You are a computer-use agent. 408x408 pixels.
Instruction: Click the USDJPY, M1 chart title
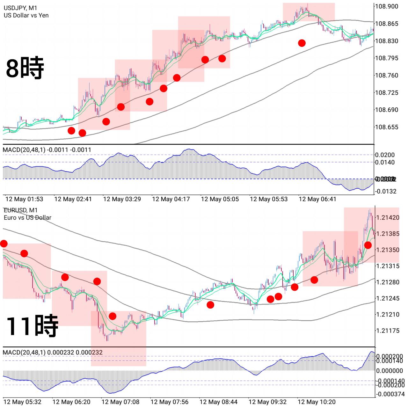[20, 8]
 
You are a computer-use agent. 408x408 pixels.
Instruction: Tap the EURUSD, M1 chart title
[21, 210]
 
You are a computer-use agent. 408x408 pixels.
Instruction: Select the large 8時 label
[25, 68]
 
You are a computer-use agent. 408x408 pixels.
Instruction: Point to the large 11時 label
[32, 326]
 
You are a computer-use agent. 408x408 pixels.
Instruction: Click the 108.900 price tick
[386, 6]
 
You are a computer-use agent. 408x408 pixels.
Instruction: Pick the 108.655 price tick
[386, 127]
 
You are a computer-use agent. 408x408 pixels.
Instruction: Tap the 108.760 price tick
[386, 76]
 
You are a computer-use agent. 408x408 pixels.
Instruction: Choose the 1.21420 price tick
[388, 218]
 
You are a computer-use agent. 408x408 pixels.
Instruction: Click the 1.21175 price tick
[388, 331]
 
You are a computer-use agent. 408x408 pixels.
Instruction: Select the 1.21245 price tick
[388, 298]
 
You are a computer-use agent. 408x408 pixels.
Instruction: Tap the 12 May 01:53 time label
[24, 199]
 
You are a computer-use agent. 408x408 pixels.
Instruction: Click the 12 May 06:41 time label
[317, 199]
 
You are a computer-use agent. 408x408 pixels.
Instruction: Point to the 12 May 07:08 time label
[120, 402]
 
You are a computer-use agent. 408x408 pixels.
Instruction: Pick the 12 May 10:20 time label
[317, 402]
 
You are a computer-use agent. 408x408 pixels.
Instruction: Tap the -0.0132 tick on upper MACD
[386, 191]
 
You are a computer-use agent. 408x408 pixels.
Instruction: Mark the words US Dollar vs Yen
[26, 15]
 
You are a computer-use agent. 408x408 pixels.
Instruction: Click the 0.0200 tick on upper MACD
[385, 155]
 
